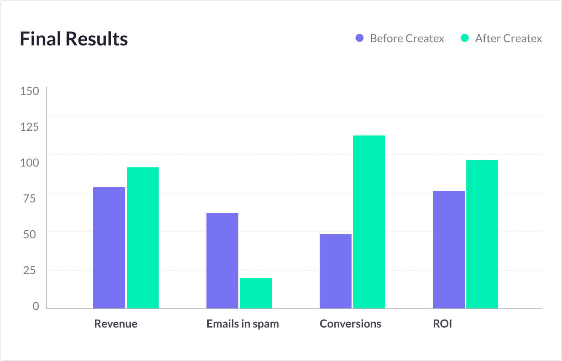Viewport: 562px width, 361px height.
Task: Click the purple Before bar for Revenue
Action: point(109,248)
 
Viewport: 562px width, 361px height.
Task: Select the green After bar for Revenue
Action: point(142,238)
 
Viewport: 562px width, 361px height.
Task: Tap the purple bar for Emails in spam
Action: point(222,261)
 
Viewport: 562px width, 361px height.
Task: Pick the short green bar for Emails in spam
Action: point(255,293)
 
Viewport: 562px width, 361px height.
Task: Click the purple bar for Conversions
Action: point(335,271)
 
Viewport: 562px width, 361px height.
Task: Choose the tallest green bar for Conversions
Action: point(369,222)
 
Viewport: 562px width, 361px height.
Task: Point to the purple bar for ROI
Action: point(448,250)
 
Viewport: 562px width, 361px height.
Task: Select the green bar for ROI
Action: point(482,234)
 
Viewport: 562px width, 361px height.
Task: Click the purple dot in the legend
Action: point(360,38)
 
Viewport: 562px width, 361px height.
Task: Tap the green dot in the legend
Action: point(465,38)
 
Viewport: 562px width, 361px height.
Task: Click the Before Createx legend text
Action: point(407,39)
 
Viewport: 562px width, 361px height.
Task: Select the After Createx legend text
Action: point(508,39)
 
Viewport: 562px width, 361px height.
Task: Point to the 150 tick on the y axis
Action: point(29,91)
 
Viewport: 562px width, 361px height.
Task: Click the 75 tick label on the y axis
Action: point(29,198)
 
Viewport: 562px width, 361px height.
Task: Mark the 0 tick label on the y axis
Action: point(36,306)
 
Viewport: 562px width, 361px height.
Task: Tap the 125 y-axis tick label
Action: point(29,127)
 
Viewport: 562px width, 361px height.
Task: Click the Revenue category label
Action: point(116,324)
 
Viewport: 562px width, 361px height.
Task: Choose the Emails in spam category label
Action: point(242,324)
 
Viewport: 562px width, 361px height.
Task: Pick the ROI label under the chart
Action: point(442,324)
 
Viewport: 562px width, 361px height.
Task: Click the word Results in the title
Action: point(96,39)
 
